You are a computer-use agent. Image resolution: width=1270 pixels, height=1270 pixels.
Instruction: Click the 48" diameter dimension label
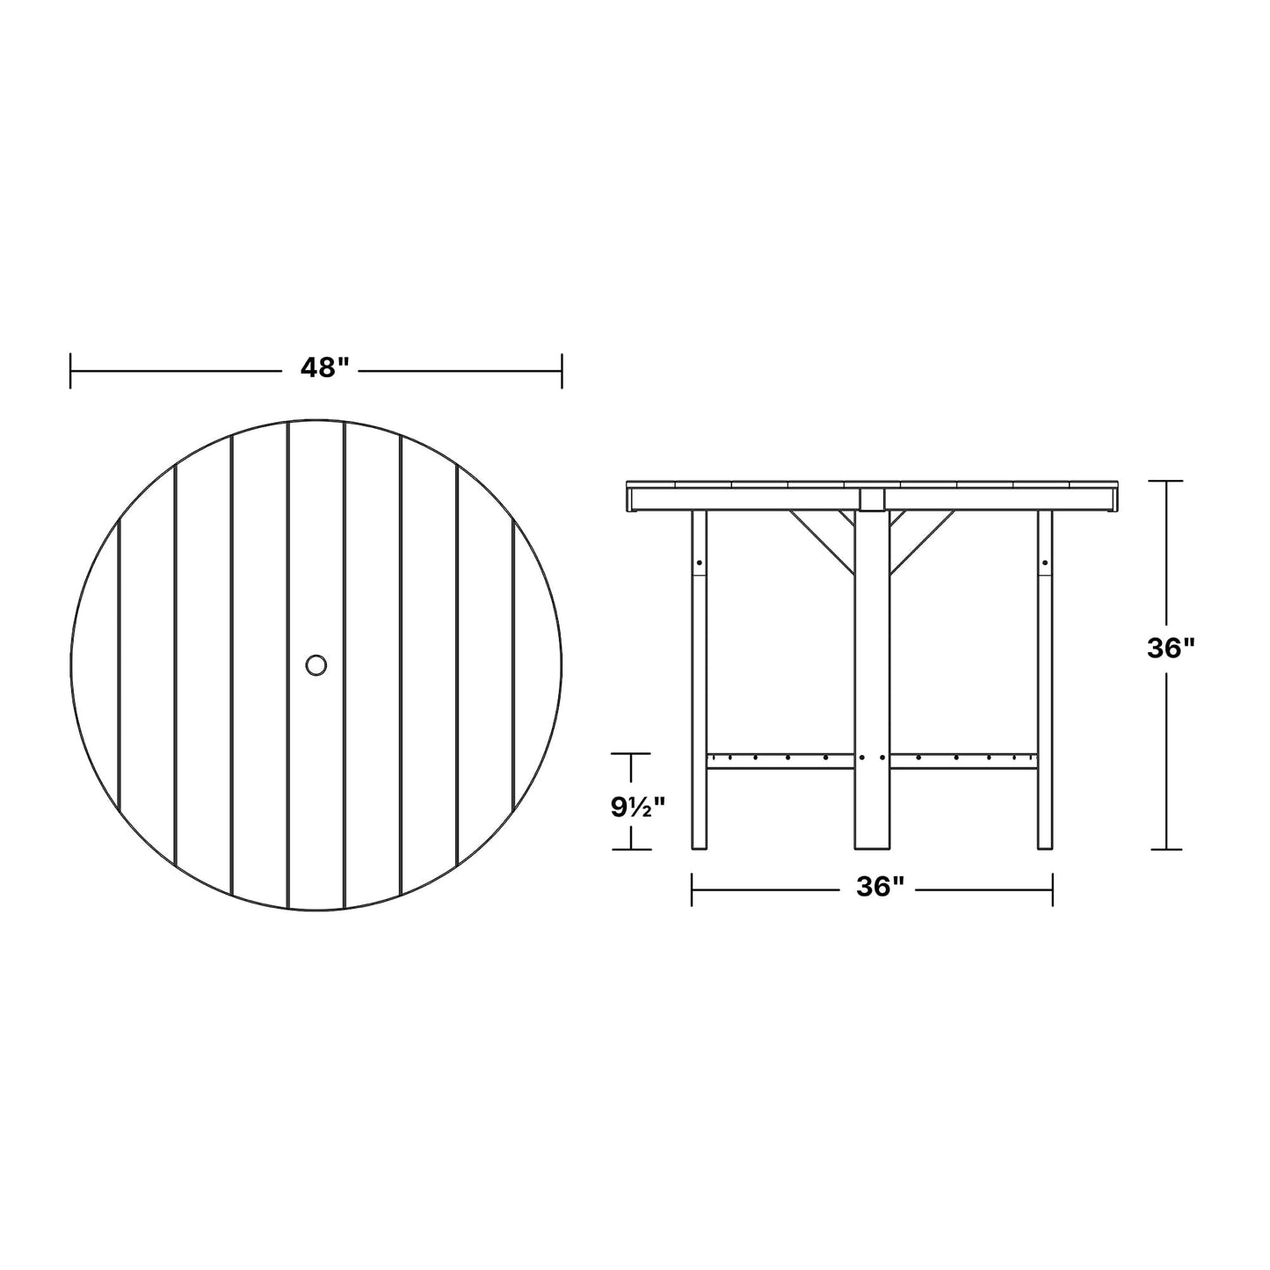point(324,368)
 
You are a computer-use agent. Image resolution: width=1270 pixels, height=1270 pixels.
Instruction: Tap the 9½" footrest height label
point(637,807)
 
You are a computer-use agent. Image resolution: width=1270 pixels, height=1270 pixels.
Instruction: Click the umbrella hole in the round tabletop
point(316,664)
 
